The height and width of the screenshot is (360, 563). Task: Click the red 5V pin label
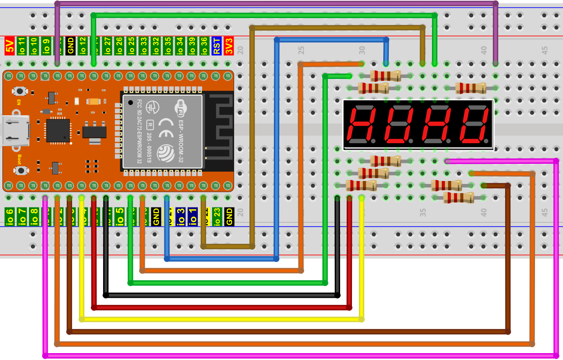(9, 46)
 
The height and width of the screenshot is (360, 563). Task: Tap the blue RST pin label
(216, 46)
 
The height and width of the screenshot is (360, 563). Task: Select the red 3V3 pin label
(229, 46)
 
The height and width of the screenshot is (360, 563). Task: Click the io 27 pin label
(107, 46)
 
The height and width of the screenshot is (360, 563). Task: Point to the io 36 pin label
(204, 46)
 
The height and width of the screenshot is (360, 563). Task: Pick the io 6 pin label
(9, 216)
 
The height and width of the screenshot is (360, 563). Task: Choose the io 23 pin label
(216, 216)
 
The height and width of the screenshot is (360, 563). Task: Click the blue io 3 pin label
(180, 216)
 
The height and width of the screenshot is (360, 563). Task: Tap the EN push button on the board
(20, 91)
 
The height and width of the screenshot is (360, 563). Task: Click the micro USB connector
(15, 130)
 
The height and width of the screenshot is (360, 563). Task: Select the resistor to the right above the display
(471, 88)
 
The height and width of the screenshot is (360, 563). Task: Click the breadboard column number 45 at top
(544, 50)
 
